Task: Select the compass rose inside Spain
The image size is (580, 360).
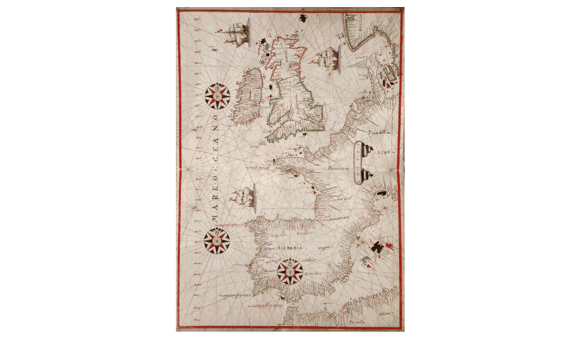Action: (290, 272)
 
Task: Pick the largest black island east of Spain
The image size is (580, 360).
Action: (377, 247)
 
